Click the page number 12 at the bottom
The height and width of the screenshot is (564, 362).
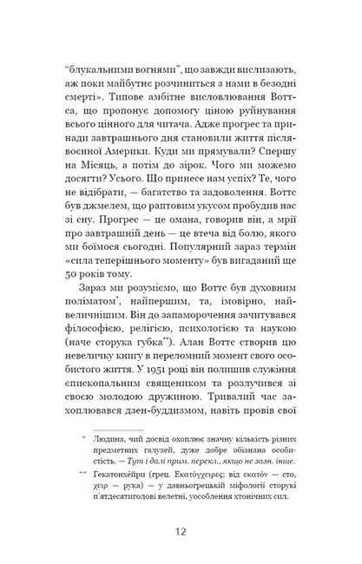(181, 530)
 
